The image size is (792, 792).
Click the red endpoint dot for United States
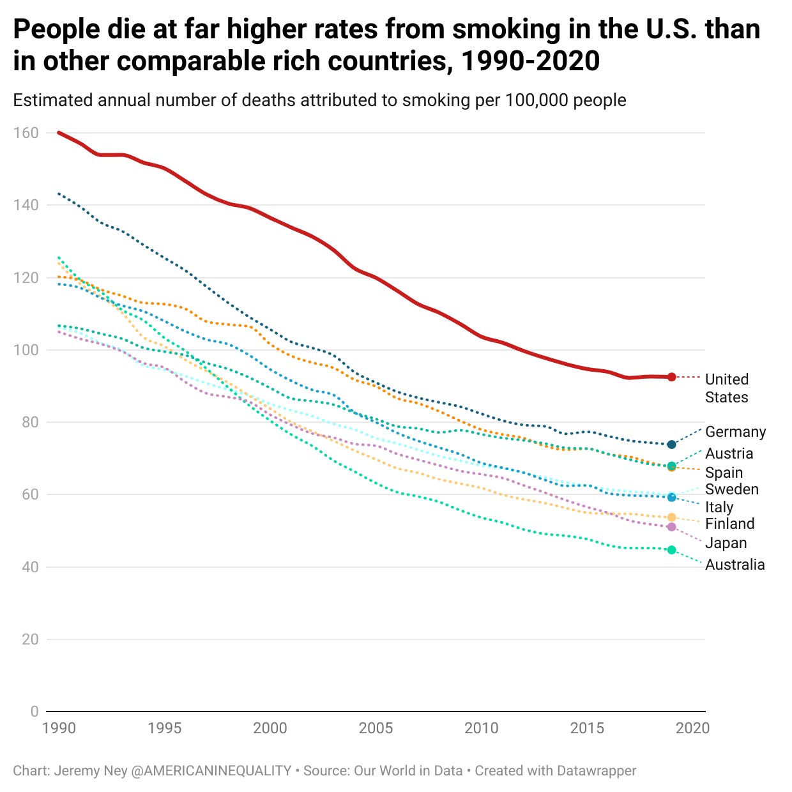[x=671, y=377]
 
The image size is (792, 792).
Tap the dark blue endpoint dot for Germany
[x=671, y=444]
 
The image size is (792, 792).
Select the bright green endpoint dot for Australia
[x=671, y=550]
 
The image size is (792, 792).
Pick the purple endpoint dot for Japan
[x=671, y=527]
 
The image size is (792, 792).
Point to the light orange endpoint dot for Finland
[x=671, y=517]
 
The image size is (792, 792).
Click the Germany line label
[x=735, y=432]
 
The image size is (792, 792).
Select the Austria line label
[x=729, y=453]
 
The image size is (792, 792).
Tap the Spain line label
[x=724, y=473]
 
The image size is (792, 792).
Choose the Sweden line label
[x=731, y=489]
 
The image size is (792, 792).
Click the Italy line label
[x=719, y=507]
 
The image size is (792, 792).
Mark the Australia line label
[x=735, y=565]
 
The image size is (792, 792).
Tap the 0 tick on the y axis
[x=34, y=712]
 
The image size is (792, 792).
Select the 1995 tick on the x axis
[x=165, y=728]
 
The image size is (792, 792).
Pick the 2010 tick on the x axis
[x=481, y=728]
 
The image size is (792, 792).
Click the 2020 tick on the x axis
[x=692, y=728]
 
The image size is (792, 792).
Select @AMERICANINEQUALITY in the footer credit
[x=211, y=771]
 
